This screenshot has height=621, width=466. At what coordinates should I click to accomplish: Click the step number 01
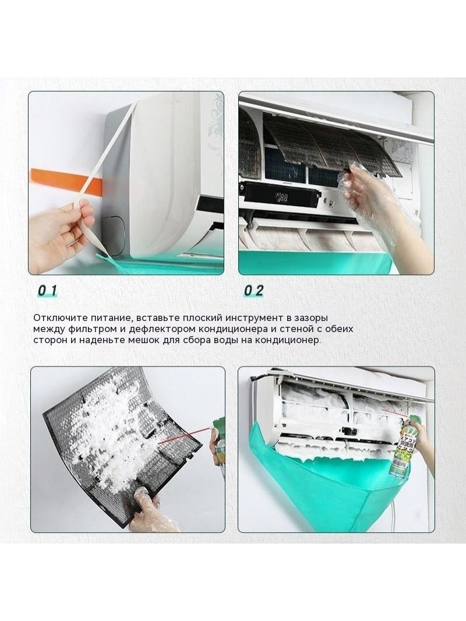tap(47, 291)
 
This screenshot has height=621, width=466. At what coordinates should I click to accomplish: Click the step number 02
tap(254, 291)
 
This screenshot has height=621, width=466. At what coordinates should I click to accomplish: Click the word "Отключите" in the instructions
tap(57, 318)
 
